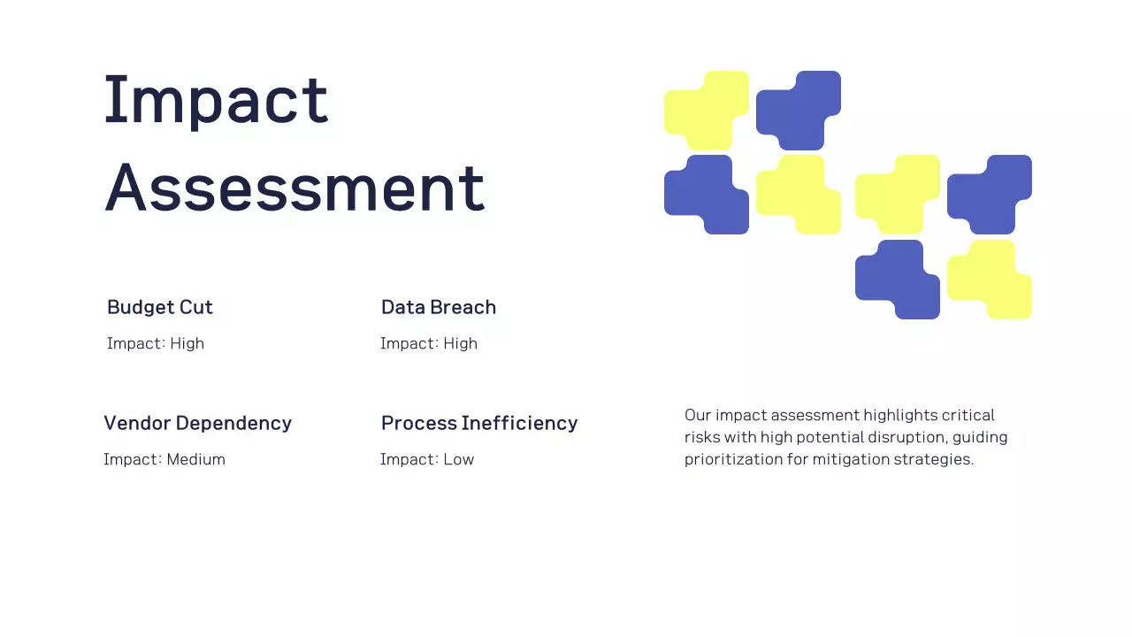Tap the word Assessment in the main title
click(x=294, y=188)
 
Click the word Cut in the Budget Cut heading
click(x=196, y=307)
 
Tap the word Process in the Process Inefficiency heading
click(x=417, y=423)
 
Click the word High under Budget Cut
click(x=187, y=343)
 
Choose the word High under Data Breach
click(x=460, y=343)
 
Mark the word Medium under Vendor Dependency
click(x=195, y=459)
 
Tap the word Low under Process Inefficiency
click(x=458, y=459)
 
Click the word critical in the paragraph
click(x=968, y=415)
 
